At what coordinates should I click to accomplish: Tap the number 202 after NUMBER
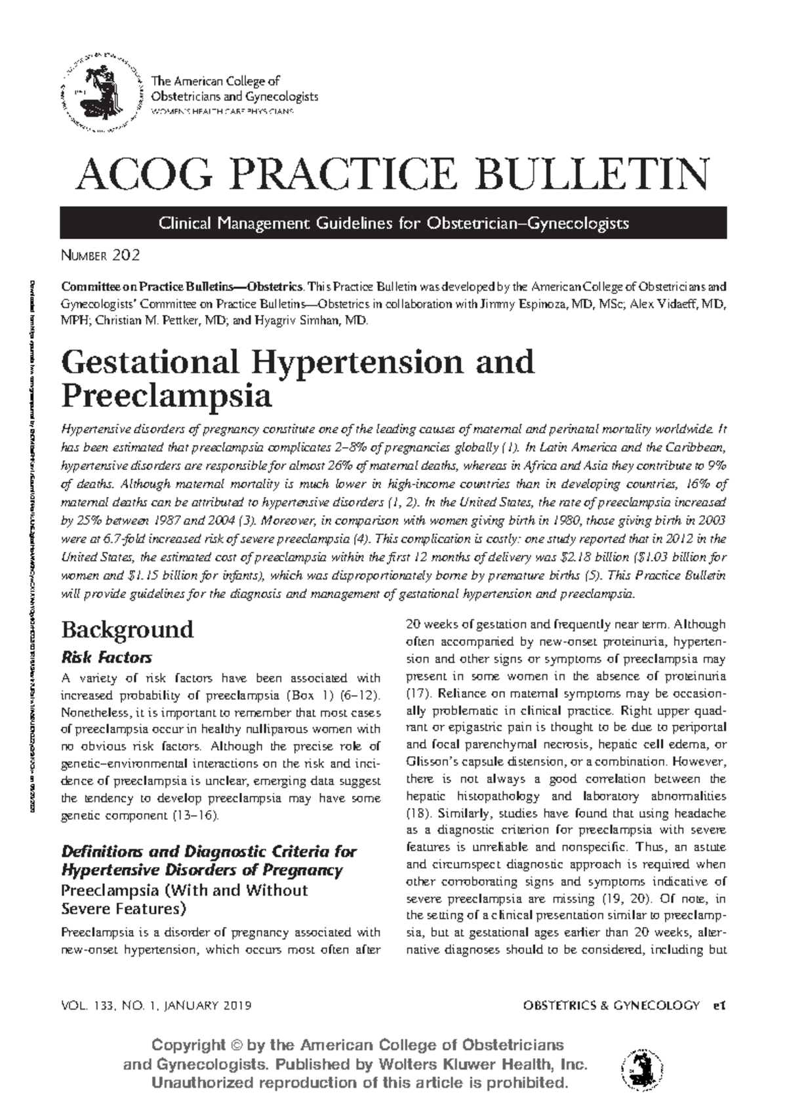(126, 255)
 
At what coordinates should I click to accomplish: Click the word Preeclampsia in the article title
(166, 396)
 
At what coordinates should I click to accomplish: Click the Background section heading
(127, 630)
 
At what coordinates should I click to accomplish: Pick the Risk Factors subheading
(106, 657)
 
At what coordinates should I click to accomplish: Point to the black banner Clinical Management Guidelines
(393, 223)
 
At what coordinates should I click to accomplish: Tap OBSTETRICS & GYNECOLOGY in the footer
(611, 1005)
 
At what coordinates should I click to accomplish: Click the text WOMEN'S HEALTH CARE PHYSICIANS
(223, 112)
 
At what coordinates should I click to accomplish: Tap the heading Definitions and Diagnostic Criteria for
(209, 851)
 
